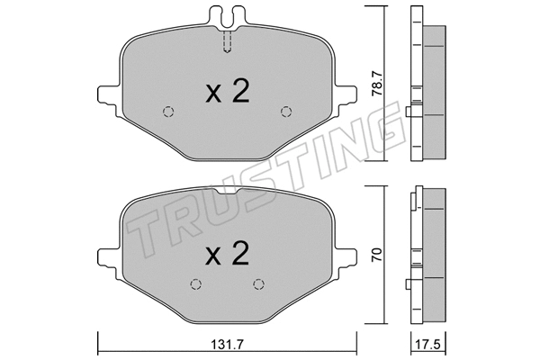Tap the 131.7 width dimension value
click(x=229, y=342)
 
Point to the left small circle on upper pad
click(x=167, y=112)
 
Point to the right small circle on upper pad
click(x=287, y=112)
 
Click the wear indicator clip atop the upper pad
click(x=228, y=14)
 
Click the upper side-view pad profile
click(x=428, y=90)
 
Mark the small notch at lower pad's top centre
click(x=228, y=193)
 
